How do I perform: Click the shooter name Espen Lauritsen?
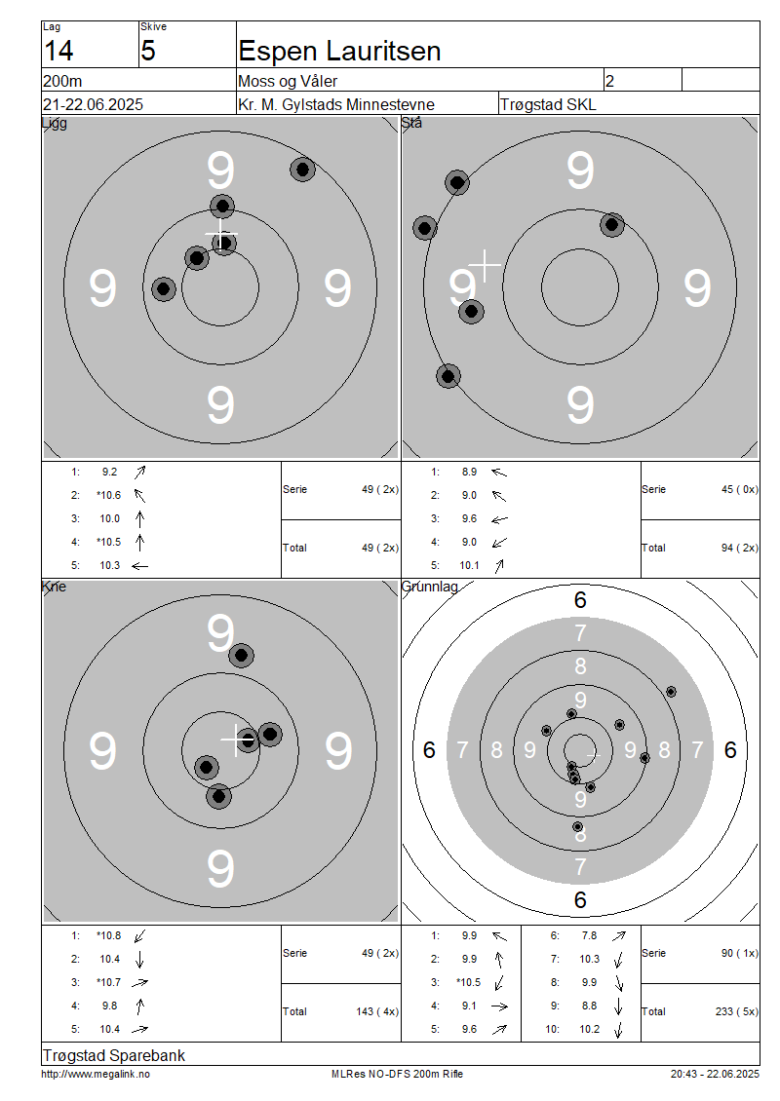click(x=339, y=52)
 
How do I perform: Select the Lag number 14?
click(x=58, y=52)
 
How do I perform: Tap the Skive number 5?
click(x=147, y=52)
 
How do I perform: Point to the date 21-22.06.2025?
click(x=93, y=104)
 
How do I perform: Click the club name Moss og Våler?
click(x=288, y=81)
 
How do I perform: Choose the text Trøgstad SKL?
click(x=548, y=104)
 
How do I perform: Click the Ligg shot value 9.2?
click(x=109, y=472)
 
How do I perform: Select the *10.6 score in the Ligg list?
click(x=109, y=495)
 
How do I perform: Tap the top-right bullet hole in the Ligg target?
click(x=303, y=170)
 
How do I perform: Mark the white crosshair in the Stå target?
click(x=485, y=265)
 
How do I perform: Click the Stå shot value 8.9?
click(x=469, y=472)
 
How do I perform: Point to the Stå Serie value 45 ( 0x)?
click(x=740, y=489)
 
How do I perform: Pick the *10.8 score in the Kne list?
click(x=109, y=935)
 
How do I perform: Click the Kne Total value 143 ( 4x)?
click(x=377, y=1011)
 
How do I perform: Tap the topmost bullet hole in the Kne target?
click(x=242, y=655)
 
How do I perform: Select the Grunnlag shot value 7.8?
click(x=589, y=935)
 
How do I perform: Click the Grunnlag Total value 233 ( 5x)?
click(x=737, y=1011)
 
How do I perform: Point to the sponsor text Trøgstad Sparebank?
click(x=114, y=1055)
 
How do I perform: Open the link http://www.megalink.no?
click(x=96, y=1074)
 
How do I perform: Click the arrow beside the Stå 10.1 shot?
click(x=499, y=565)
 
